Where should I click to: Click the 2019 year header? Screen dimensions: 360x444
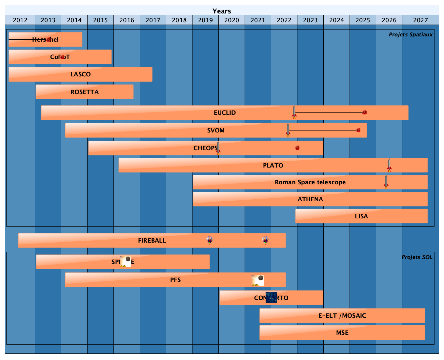tap(205, 20)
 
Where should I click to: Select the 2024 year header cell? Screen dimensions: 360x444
tap(336, 20)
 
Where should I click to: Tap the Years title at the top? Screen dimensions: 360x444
tap(222, 11)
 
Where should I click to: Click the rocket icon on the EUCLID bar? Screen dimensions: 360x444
tap(294, 112)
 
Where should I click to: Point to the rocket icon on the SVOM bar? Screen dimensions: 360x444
tap(288, 130)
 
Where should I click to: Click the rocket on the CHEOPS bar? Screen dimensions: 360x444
tap(218, 148)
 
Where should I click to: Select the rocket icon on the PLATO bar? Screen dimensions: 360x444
tap(389, 165)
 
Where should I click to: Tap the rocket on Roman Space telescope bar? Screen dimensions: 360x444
tap(386, 182)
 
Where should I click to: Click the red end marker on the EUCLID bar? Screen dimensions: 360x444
tap(364, 112)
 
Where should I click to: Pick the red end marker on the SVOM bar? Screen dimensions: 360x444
tap(358, 130)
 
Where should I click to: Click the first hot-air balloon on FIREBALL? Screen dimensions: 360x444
tap(210, 240)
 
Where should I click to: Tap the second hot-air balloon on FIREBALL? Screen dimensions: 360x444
tap(265, 240)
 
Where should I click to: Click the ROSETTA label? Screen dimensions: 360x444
tap(85, 92)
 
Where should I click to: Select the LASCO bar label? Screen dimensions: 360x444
tap(81, 74)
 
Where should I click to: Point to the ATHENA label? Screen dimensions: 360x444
tap(310, 199)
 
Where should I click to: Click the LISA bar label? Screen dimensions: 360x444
tap(361, 216)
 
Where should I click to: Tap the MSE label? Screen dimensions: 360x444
tap(342, 333)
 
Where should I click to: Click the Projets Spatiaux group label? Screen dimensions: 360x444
tap(411, 35)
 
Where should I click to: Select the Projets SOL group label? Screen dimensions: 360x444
tap(417, 257)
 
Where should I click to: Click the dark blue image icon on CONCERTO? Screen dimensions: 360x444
tap(271, 297)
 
